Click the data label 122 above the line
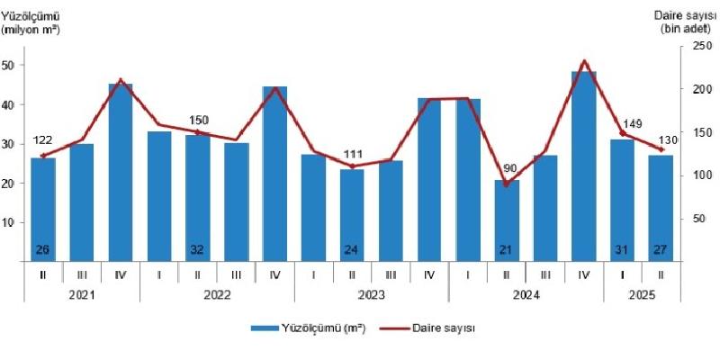[42, 140]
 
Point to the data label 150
[199, 121]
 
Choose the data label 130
[667, 137]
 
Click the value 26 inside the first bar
[43, 249]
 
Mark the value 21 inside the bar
[507, 249]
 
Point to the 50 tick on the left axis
[8, 66]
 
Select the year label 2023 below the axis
[371, 293]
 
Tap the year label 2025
[642, 293]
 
